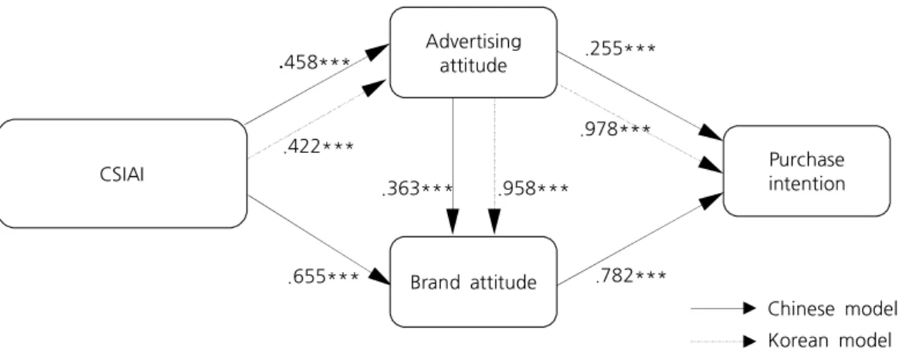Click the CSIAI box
[124, 174]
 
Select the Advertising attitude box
[473, 53]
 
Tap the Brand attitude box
[473, 282]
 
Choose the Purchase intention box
[806, 171]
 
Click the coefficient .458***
[314, 63]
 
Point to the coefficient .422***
[319, 148]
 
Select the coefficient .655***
[324, 277]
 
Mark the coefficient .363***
[417, 188]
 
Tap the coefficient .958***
[533, 188]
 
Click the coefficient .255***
[619, 50]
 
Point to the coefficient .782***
[631, 277]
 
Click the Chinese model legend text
[832, 309]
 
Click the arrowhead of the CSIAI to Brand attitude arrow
[379, 277]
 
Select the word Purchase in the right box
[806, 160]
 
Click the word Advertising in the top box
[473, 42]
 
